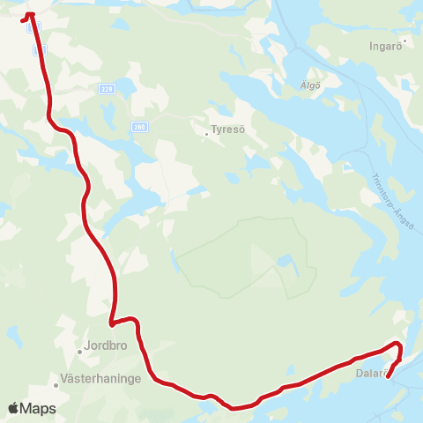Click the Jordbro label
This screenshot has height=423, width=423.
(107, 346)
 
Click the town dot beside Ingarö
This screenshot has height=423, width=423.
(404, 40)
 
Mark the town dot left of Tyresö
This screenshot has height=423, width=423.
(207, 134)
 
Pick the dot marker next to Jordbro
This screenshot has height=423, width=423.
(79, 352)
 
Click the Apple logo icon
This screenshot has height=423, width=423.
(13, 408)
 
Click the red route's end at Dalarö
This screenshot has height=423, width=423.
(388, 380)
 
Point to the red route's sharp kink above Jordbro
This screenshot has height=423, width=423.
(111, 323)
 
